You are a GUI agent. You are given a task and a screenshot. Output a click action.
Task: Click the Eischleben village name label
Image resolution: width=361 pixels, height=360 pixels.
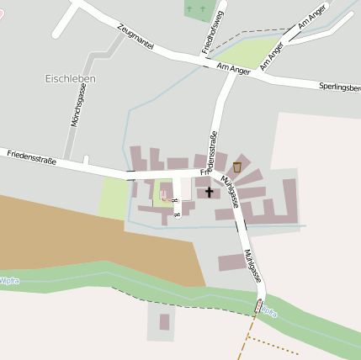[70, 78]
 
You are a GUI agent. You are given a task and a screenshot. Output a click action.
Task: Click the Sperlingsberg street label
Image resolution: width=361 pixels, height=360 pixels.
[339, 87]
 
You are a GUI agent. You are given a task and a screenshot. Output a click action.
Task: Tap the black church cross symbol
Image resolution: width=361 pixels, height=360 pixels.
[209, 192]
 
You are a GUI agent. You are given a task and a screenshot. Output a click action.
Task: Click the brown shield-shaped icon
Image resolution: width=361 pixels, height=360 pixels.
[237, 167]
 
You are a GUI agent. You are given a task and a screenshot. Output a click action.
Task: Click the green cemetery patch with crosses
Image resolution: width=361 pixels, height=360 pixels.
[199, 10]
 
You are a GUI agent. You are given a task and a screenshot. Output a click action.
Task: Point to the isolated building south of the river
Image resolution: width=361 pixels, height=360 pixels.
[165, 321]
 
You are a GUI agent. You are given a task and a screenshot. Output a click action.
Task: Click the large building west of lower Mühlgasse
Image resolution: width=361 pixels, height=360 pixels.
[232, 262]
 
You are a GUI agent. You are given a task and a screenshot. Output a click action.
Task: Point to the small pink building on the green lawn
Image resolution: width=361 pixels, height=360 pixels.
[163, 195]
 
